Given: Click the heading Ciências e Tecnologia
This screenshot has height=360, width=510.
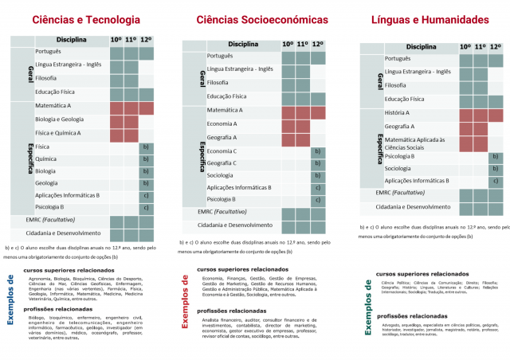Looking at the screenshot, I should [x=86, y=19].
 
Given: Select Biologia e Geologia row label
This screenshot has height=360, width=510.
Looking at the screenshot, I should [x=59, y=119].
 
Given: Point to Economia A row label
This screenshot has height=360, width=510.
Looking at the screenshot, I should [x=222, y=123].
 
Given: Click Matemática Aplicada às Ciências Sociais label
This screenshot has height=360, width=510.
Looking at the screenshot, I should [x=415, y=143].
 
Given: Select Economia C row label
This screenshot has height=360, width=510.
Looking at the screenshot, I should [x=222, y=150].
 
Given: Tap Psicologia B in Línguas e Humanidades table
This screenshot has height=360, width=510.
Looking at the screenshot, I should [x=400, y=156].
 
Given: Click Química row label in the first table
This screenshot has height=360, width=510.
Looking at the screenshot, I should [x=46, y=158].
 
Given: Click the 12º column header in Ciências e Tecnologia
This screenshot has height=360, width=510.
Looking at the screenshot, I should [x=147, y=40].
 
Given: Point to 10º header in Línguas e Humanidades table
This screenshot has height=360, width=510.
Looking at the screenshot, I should [x=465, y=47].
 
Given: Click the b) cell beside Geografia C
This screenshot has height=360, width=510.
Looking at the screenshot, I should [x=318, y=162].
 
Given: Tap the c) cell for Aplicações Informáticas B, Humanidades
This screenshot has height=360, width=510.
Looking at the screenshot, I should [x=496, y=181].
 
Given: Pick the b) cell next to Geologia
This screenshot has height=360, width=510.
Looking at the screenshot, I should [x=146, y=183].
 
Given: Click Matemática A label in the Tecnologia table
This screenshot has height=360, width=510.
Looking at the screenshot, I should [x=53, y=106].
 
